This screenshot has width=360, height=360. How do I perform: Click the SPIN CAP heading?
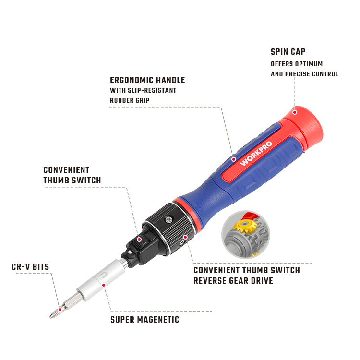(288, 52)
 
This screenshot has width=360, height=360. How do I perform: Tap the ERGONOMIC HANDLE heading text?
(147, 80)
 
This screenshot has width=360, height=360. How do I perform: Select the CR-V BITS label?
(30, 267)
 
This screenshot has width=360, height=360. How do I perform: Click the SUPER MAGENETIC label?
(144, 320)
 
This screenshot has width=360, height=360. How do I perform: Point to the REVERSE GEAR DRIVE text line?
(233, 281)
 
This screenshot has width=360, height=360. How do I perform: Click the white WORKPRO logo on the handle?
(256, 153)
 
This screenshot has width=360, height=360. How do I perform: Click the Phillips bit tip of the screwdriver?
(50, 317)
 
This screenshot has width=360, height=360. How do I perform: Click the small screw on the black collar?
(169, 220)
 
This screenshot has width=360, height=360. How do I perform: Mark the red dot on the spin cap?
(295, 112)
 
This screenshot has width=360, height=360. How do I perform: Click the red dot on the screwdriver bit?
(60, 310)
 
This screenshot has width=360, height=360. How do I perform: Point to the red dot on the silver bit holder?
(104, 285)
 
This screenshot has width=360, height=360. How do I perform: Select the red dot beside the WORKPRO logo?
(234, 159)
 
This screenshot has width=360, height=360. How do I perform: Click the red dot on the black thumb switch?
(139, 240)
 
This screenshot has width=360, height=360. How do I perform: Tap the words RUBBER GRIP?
(130, 101)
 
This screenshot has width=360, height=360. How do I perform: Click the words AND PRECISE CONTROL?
(304, 74)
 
